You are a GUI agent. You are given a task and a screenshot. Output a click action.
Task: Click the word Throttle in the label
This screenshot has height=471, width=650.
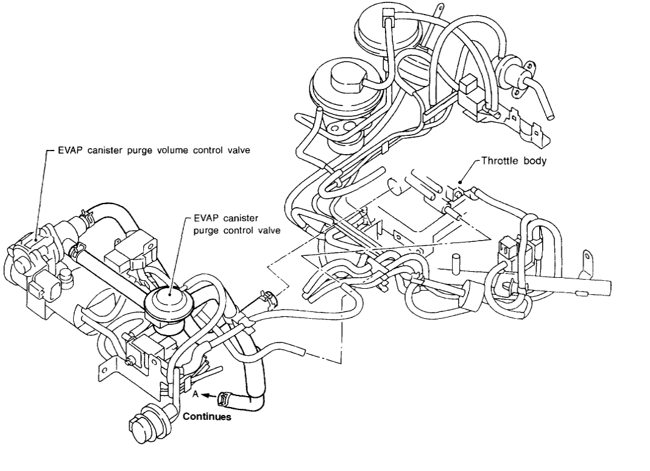tap(498, 161)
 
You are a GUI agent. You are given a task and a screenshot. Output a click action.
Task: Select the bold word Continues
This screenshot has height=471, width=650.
tap(207, 417)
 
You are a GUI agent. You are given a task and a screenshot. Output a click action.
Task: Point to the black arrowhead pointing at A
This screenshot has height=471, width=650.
tap(207, 395)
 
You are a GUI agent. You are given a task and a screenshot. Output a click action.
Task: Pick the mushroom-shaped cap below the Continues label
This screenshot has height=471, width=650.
tap(140, 424)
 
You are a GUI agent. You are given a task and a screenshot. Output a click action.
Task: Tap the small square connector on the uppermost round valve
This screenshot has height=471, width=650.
tap(387, 13)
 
